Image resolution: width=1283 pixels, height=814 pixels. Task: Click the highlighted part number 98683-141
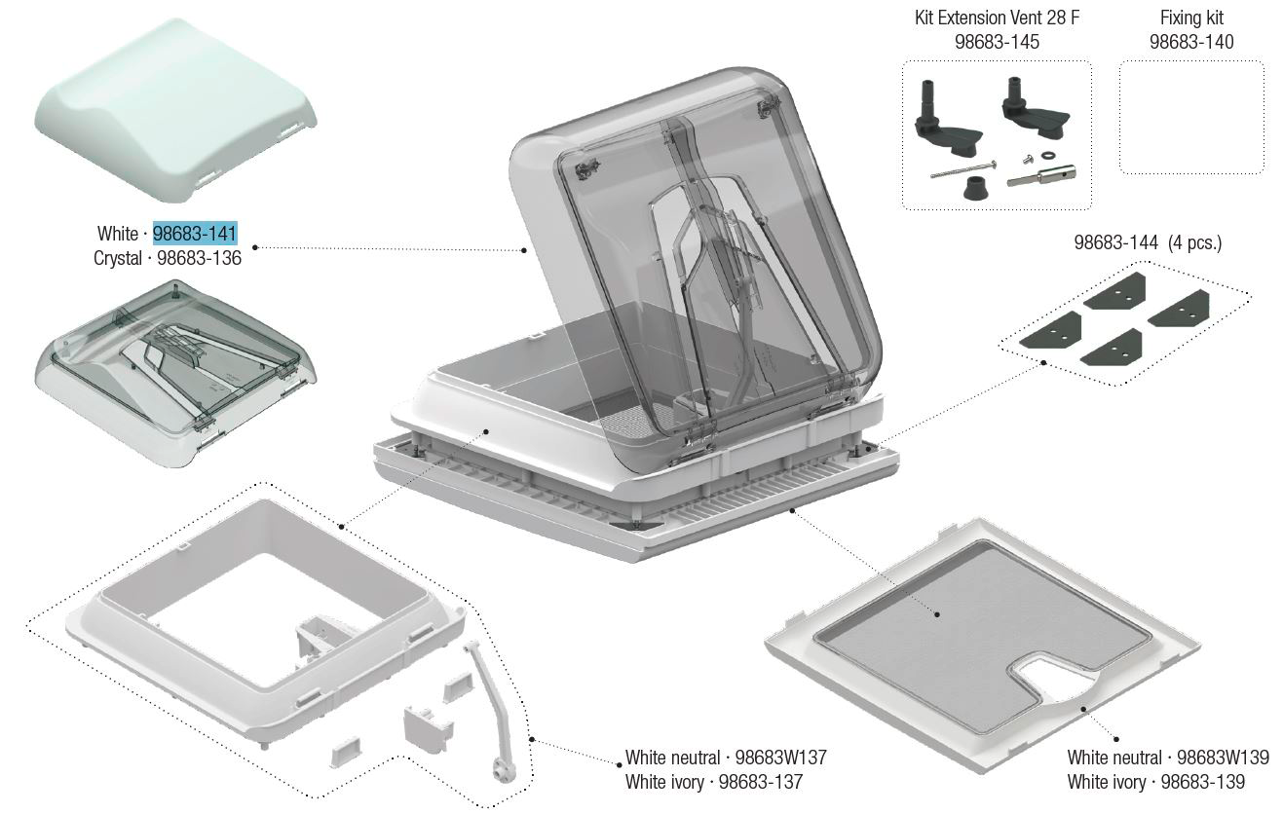pos(195,234)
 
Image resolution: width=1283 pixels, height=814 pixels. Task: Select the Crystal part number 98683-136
pos(200,258)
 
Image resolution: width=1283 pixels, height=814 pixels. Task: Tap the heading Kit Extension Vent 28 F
pos(997,18)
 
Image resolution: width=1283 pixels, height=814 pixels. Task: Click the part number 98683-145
pos(997,42)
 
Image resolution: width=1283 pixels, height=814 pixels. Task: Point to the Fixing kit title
pos(1192,18)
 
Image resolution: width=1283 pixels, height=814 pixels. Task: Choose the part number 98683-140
pos(1192,42)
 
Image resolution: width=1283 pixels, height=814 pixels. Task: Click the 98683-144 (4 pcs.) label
pos(1148,242)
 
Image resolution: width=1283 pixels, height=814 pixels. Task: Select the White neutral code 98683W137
pos(781,758)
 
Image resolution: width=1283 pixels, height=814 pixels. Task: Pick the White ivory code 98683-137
pos(761,782)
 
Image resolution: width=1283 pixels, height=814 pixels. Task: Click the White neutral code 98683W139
pos(1224,758)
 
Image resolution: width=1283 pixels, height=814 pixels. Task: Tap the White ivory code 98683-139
pos(1203,782)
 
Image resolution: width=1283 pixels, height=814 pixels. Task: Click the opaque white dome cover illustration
pos(175,110)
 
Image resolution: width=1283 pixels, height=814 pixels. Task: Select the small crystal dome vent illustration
pos(175,373)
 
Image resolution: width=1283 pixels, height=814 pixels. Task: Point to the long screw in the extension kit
pos(962,170)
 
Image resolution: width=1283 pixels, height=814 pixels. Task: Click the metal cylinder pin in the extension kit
pos(1041,175)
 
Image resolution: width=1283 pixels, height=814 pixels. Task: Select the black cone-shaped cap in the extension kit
pos(974,188)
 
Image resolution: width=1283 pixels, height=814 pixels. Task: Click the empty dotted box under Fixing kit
pos(1192,117)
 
